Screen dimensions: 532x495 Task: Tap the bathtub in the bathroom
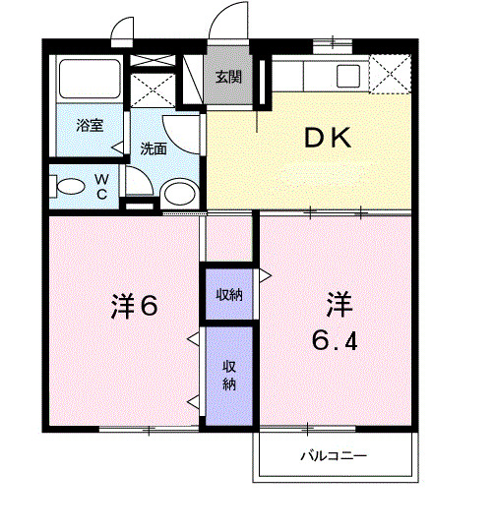point(89,78)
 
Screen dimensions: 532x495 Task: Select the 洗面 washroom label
point(153,148)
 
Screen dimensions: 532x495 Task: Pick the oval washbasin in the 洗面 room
point(178,193)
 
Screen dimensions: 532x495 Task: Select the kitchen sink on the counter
point(348,75)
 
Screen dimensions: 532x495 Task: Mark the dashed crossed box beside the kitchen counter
point(389,76)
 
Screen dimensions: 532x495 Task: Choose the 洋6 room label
point(135,306)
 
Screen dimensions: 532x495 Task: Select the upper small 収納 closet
point(229,293)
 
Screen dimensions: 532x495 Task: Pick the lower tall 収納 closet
point(228,375)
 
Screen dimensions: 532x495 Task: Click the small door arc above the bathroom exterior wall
point(122,30)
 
